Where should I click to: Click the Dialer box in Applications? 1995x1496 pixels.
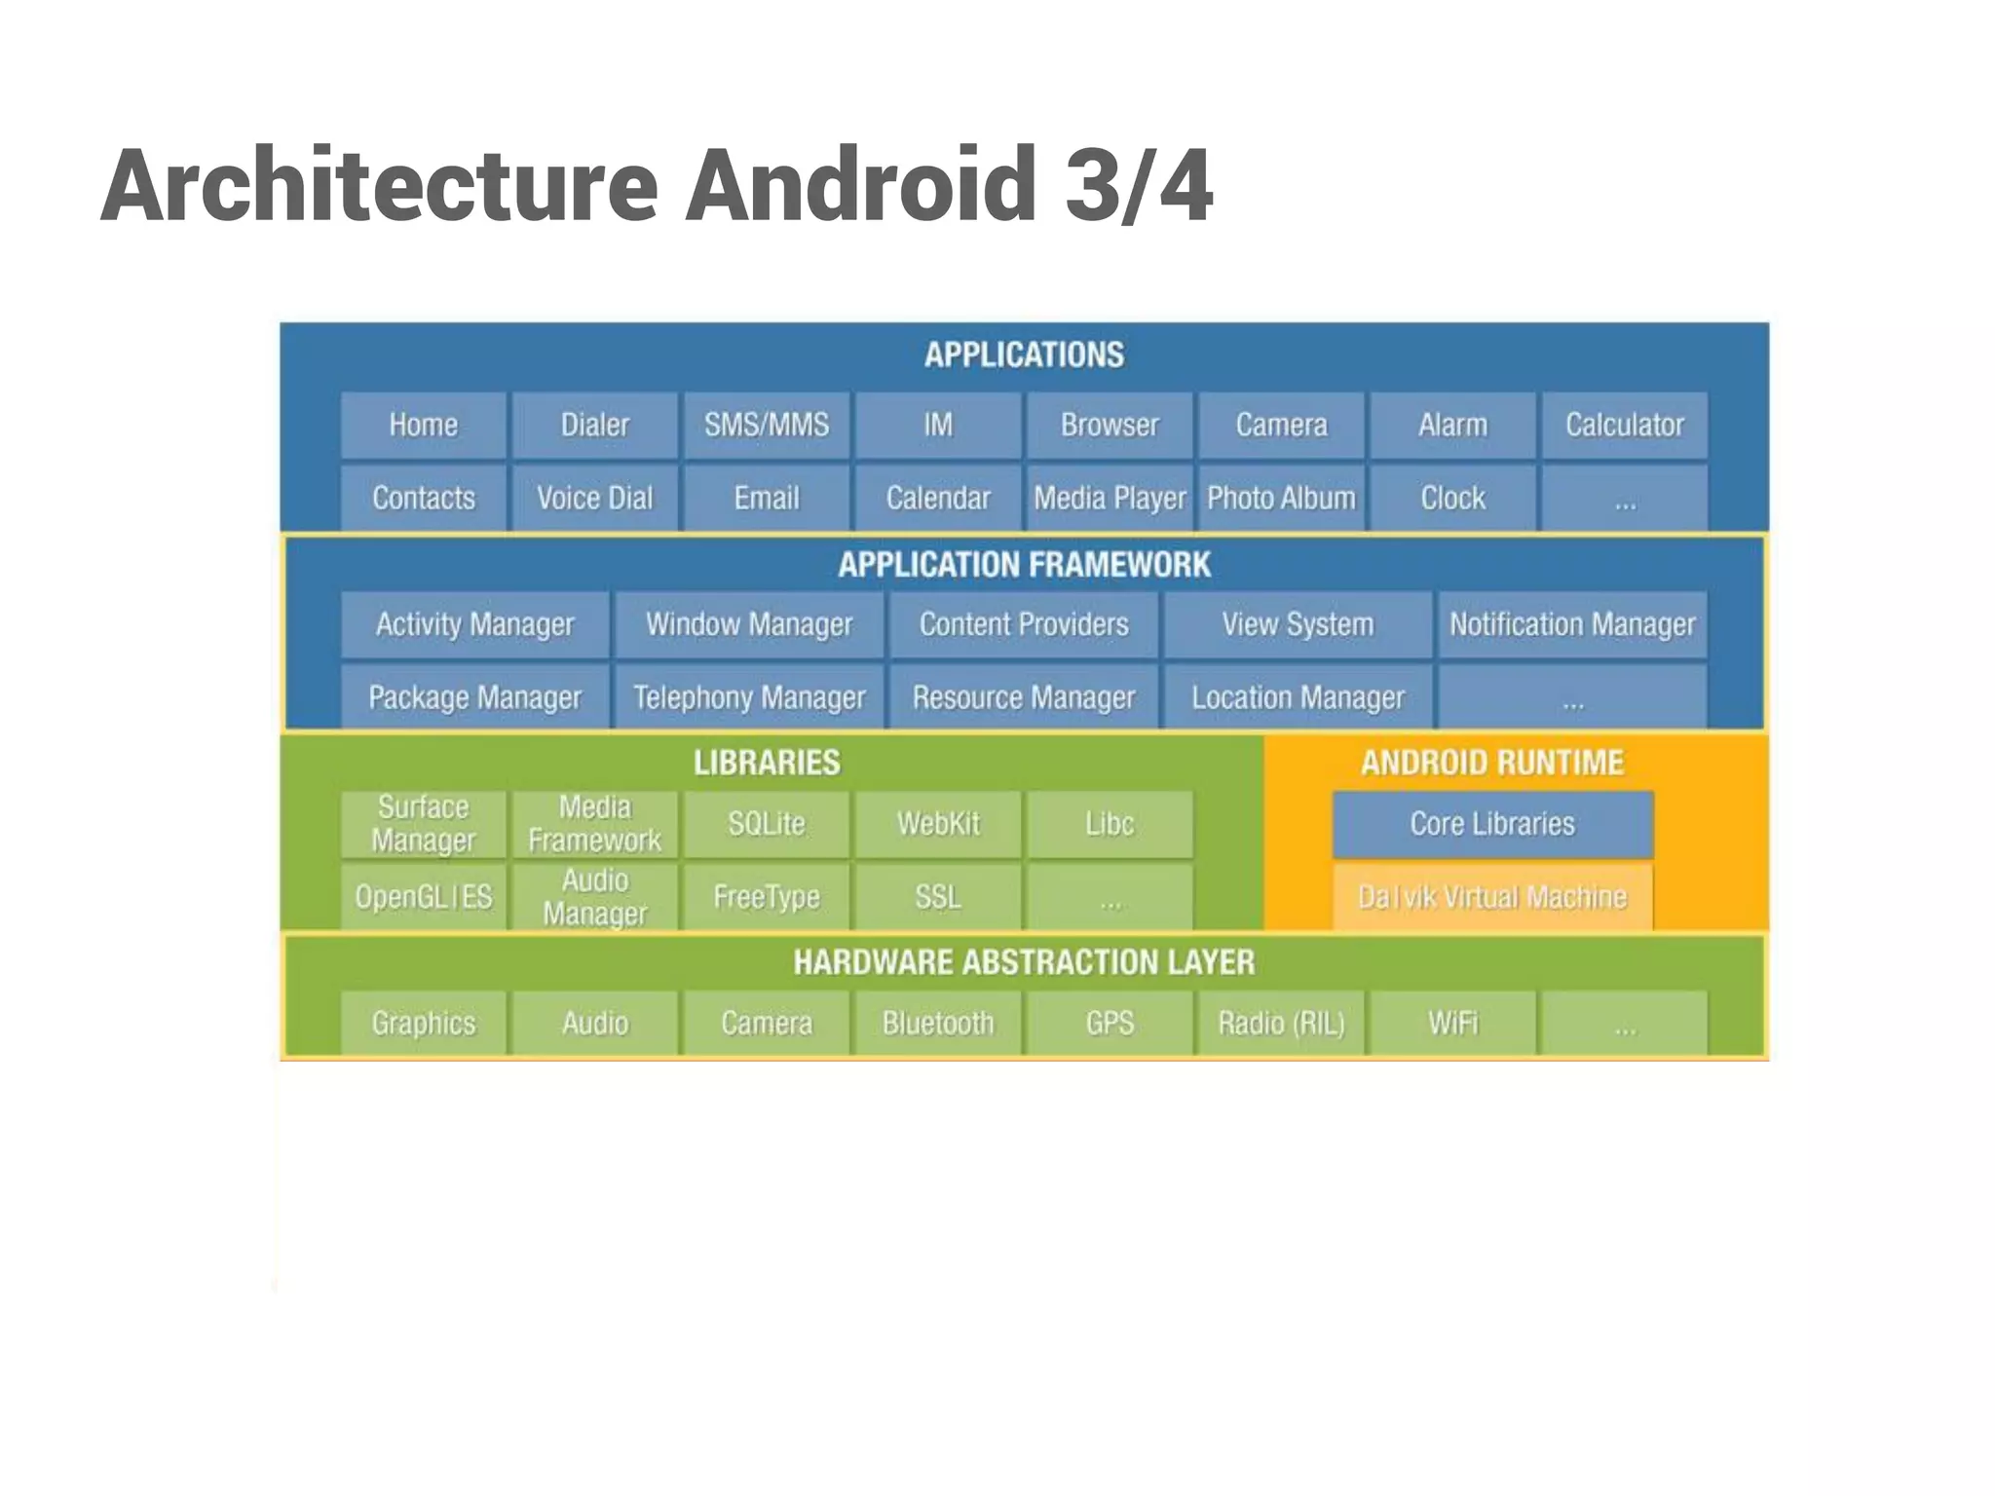594,426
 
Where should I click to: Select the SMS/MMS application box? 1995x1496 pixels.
767,426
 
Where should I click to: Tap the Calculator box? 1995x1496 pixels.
1624,426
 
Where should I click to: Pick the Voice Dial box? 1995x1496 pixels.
594,499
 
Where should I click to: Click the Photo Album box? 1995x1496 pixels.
1281,499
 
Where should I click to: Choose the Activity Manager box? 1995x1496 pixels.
475,624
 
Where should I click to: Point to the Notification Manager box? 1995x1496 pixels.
1572,624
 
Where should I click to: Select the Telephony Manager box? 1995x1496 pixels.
749,697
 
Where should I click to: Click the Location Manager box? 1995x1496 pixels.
1298,697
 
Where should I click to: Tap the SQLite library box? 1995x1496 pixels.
767,824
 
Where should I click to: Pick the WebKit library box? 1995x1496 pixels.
938,824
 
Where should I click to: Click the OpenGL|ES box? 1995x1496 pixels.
424,897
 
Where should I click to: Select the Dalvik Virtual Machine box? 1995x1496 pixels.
1492,897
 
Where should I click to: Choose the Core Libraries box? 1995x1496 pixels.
1492,824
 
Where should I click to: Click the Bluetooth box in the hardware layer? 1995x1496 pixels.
938,1024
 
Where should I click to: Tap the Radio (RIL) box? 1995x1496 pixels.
1281,1024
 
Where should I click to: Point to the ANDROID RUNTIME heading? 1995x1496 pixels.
1492,763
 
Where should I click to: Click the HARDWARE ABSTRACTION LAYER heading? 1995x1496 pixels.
1024,963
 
